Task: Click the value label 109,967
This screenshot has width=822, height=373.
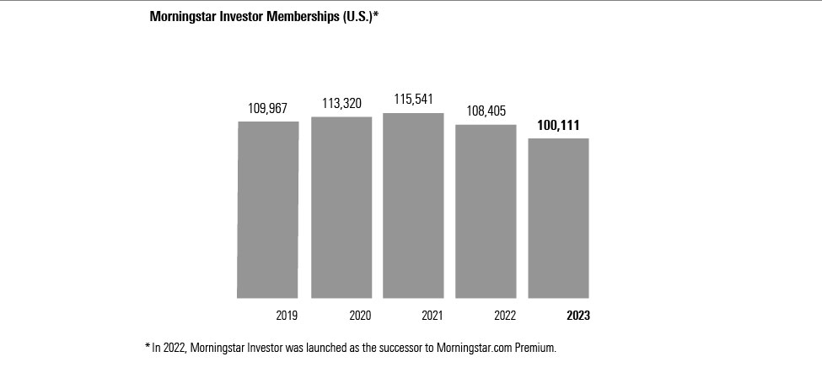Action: pyautogui.click(x=268, y=109)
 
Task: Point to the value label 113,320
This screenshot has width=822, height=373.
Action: pyautogui.click(x=341, y=104)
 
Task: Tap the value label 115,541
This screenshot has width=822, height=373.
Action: pyautogui.click(x=413, y=100)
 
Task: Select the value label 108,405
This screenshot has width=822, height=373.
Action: pyautogui.click(x=486, y=112)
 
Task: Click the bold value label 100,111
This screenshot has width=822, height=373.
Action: pyautogui.click(x=558, y=125)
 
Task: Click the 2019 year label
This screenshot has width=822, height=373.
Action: pyautogui.click(x=287, y=316)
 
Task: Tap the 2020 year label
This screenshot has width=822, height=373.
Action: pyautogui.click(x=360, y=316)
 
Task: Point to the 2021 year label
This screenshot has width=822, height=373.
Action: pyautogui.click(x=432, y=316)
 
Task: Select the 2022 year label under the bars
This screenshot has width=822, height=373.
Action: pyautogui.click(x=504, y=316)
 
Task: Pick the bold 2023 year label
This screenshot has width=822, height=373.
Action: pyautogui.click(x=578, y=316)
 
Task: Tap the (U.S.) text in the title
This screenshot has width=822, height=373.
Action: pyautogui.click(x=355, y=16)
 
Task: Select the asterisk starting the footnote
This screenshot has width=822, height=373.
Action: pyautogui.click(x=148, y=346)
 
